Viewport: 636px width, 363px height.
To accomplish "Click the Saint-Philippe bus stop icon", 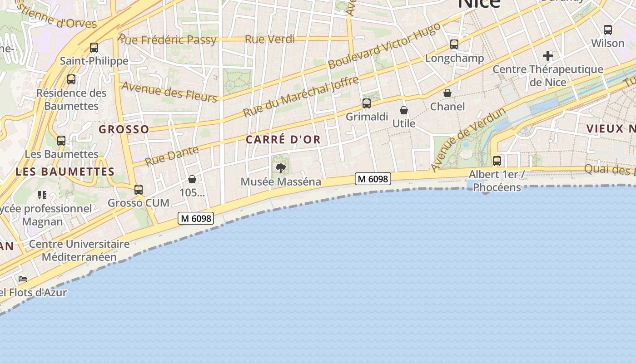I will click(94, 47).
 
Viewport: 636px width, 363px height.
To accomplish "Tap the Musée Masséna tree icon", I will click(281, 168).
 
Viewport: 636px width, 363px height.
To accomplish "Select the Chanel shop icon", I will click(447, 93).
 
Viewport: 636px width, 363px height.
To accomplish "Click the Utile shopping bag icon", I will click(404, 110).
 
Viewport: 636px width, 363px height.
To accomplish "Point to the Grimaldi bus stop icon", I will click(367, 103).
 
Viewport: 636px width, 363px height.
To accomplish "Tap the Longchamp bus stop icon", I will click(454, 44).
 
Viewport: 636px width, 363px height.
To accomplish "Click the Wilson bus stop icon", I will click(608, 30).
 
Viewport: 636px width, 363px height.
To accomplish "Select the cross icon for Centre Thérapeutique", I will click(548, 56).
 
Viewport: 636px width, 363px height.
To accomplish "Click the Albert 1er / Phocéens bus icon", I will click(497, 161).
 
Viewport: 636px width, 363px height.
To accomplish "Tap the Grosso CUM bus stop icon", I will click(139, 189).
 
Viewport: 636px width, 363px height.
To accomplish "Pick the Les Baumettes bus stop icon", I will click(61, 141).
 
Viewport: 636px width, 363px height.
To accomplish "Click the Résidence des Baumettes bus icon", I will click(71, 79).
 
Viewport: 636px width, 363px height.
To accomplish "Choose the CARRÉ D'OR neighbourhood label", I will click(283, 140).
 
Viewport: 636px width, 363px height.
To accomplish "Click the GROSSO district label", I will click(124, 129).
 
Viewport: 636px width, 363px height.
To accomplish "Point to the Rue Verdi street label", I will click(270, 39).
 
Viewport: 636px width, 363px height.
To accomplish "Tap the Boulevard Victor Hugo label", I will click(384, 45).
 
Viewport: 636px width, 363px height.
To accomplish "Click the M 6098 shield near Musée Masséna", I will click(373, 179).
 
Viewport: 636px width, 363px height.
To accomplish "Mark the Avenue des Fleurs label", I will click(169, 92).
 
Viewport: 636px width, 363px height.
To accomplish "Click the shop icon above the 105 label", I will click(192, 179).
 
